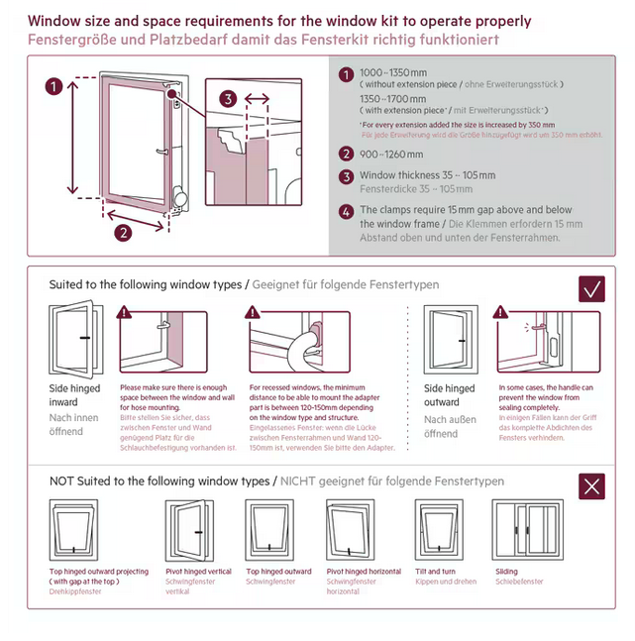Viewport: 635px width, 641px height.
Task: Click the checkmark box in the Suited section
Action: (x=592, y=288)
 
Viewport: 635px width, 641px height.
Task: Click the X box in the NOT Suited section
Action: (x=592, y=485)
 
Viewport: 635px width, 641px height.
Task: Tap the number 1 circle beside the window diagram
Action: (x=53, y=86)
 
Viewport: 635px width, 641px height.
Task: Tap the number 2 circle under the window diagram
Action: (x=122, y=234)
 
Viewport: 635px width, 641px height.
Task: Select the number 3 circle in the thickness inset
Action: (x=228, y=98)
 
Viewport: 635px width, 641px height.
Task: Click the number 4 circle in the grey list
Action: (x=345, y=211)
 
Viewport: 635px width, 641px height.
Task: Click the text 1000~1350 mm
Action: (x=392, y=73)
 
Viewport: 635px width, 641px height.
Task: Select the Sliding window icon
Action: (x=520, y=531)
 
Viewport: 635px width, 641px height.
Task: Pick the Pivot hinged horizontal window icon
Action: (x=349, y=531)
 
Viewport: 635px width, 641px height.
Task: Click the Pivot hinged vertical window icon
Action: (x=186, y=531)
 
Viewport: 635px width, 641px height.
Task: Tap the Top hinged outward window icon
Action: (x=267, y=531)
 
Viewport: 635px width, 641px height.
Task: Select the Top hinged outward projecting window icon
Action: (x=73, y=531)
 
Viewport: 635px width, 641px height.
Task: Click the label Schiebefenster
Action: (x=518, y=583)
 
